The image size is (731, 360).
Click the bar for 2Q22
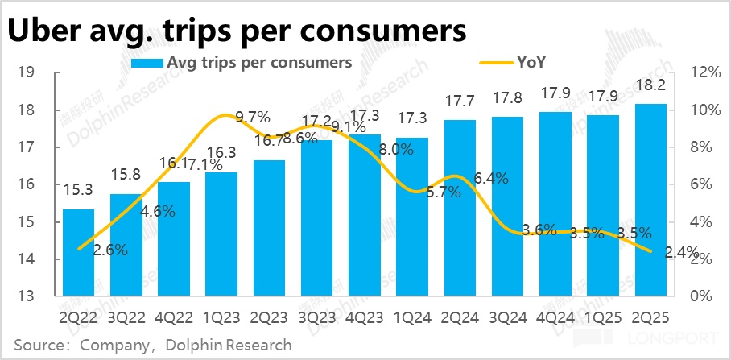pyautogui.click(x=79, y=252)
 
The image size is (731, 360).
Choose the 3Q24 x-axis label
pyautogui.click(x=508, y=317)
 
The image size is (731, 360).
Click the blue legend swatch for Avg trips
pyautogui.click(x=145, y=62)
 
